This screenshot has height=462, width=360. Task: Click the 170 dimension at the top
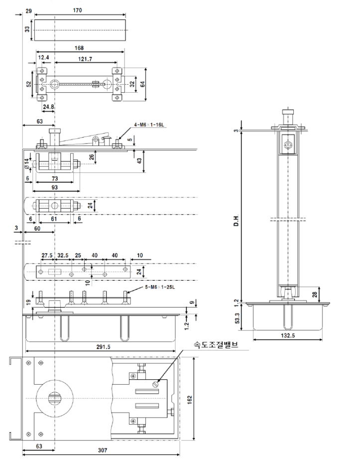pos(77,10)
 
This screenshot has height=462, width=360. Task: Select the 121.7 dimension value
pos(85,59)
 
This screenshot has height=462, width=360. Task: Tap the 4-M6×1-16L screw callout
pos(149,125)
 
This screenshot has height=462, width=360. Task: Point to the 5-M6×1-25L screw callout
pos(160,287)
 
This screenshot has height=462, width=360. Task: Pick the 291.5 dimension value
pos(104,347)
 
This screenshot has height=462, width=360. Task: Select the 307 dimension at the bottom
pos(103,450)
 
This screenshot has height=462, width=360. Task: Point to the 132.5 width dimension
pos(288,335)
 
